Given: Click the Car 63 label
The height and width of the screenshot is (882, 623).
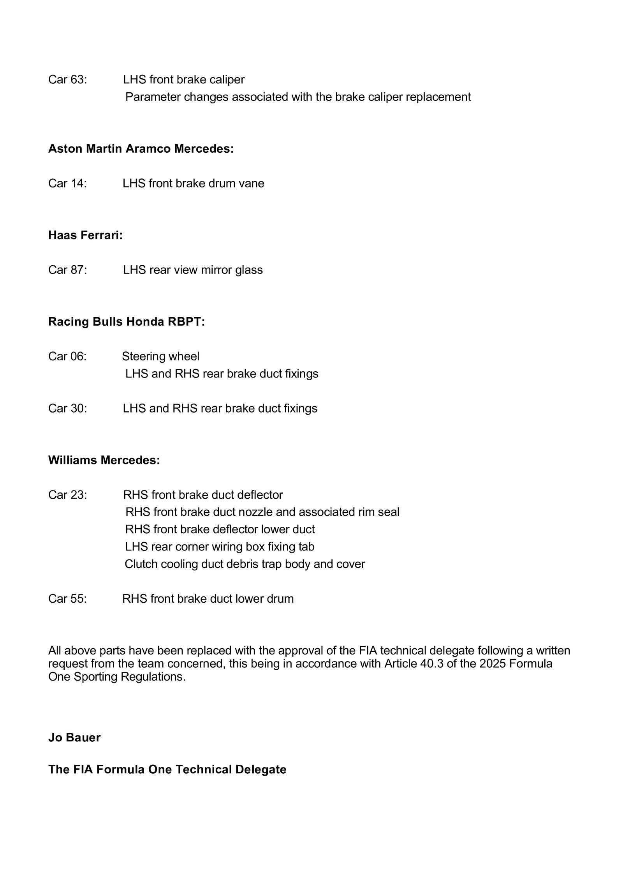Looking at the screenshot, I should (67, 79).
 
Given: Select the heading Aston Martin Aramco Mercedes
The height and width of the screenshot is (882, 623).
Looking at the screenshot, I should (141, 148).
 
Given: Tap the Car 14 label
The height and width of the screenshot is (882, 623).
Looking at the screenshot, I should (67, 183).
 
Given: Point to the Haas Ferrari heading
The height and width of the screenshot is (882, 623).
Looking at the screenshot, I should (85, 235).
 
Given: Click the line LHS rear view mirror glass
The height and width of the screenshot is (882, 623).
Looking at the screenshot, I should (193, 270).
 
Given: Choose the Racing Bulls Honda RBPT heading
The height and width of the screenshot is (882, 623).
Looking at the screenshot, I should (126, 321).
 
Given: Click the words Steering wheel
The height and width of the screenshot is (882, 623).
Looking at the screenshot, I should (160, 356).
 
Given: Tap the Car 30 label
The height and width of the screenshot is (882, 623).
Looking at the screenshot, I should (67, 408).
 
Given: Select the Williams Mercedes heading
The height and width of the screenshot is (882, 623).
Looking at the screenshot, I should (104, 460).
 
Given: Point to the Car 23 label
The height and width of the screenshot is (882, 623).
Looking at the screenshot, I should (67, 495).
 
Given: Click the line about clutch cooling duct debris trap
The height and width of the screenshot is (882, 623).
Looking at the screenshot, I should (245, 564).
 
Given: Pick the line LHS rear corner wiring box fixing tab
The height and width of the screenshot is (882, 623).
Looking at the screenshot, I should (220, 547).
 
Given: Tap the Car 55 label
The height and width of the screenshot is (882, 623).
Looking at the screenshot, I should (67, 599).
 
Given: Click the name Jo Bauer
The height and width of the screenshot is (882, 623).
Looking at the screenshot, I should (74, 737).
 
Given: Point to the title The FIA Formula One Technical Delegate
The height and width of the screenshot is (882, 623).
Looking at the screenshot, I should (167, 769).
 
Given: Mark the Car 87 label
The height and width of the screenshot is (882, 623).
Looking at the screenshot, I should (67, 270).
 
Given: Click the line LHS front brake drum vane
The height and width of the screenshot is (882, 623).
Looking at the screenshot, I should (193, 183).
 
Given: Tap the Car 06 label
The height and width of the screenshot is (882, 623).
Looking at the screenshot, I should (67, 356).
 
